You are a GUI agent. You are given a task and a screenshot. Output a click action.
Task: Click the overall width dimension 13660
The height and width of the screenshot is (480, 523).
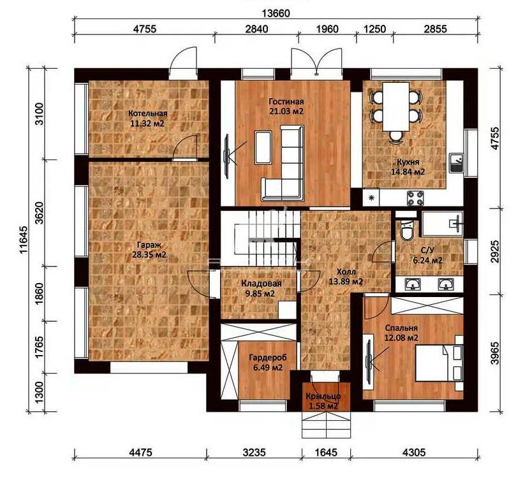tap(276, 13)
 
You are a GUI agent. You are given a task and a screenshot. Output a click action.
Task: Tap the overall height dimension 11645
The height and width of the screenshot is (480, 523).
tap(24, 240)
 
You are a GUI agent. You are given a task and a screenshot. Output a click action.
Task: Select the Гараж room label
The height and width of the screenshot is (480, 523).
tap(149, 245)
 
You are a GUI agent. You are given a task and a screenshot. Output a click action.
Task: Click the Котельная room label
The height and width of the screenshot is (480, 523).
tap(148, 113)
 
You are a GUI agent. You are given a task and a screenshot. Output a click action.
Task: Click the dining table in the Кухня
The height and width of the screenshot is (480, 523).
tap(396, 106)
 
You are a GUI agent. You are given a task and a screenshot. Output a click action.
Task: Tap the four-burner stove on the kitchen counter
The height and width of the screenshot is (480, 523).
tap(415, 198)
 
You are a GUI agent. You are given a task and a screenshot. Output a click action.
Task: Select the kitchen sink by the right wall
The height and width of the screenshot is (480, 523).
tap(456, 163)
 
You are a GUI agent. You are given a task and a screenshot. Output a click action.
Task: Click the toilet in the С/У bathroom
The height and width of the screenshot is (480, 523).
tap(406, 230)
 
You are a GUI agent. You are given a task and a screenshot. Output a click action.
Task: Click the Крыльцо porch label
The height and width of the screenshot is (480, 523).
tap(323, 396)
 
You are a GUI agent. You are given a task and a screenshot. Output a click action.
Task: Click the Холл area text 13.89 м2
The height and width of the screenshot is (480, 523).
tap(346, 282)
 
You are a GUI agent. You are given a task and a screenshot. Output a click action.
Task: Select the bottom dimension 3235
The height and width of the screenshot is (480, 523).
tap(254, 453)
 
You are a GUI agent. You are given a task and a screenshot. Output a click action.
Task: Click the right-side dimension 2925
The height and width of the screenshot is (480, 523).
tap(496, 252)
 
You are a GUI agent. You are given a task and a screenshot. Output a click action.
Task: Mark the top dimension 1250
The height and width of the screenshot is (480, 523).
tap(374, 29)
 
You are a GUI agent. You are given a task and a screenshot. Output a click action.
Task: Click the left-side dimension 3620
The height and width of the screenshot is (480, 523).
tap(39, 213)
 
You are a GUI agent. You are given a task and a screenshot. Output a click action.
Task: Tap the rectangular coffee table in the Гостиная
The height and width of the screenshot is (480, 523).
tap(263, 147)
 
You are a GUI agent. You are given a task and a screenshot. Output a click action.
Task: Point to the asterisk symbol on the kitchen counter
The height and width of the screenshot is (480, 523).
tap(371, 198)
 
